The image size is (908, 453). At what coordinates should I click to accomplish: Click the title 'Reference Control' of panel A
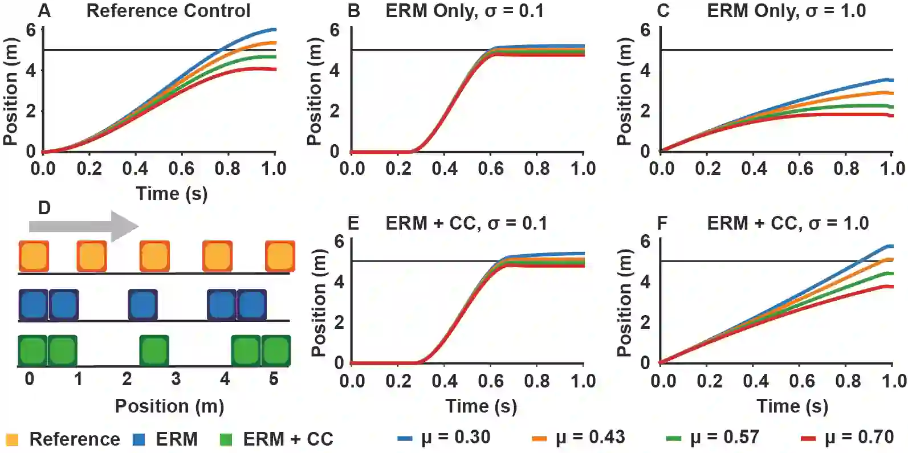click(x=168, y=11)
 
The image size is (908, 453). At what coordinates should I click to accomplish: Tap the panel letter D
click(x=44, y=209)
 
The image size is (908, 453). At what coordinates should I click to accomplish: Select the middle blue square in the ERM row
click(x=142, y=305)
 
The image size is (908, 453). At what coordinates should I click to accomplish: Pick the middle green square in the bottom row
click(x=154, y=350)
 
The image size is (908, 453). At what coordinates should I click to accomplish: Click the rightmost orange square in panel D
click(x=280, y=256)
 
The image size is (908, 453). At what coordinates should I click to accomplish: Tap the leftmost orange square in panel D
click(x=34, y=256)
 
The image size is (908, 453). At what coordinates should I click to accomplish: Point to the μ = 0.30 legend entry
click(x=445, y=438)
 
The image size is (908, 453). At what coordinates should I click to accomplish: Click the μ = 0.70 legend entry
click(x=848, y=438)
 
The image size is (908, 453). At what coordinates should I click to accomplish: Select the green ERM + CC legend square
click(x=226, y=439)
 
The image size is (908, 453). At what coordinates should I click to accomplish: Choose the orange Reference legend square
click(x=12, y=439)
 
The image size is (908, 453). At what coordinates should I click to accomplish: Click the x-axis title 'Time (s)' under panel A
click(x=172, y=194)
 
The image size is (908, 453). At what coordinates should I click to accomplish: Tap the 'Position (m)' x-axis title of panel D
click(x=169, y=406)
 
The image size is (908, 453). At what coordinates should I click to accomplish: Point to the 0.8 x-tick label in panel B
click(x=537, y=169)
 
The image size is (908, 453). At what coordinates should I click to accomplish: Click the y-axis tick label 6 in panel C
click(x=645, y=30)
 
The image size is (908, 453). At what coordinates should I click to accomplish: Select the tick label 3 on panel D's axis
click(x=176, y=379)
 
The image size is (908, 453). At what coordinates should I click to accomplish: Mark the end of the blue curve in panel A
click(x=275, y=30)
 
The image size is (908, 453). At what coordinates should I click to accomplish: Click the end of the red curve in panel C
click(x=891, y=116)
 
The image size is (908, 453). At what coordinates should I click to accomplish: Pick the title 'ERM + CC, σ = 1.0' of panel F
click(x=788, y=223)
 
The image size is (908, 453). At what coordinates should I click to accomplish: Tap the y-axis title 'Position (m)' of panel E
click(x=319, y=303)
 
